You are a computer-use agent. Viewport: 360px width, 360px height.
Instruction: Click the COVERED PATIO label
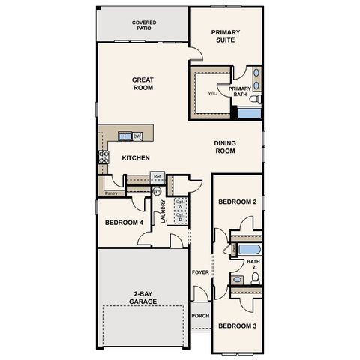tap(144, 26)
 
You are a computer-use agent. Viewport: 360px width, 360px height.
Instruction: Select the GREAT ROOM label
tap(142, 83)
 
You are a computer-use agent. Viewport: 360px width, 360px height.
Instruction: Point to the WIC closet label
tap(212, 94)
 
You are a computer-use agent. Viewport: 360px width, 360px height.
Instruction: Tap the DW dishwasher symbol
tap(137, 136)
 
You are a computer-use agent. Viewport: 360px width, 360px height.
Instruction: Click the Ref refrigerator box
tap(157, 177)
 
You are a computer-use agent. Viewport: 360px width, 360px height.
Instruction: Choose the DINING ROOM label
tap(225, 147)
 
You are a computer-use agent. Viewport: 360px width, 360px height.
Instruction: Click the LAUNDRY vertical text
tap(163, 212)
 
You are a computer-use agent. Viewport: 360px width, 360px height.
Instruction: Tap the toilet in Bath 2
tap(255, 278)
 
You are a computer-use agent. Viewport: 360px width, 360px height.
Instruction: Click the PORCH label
tap(200, 316)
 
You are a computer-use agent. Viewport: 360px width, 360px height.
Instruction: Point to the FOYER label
tap(200, 271)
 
